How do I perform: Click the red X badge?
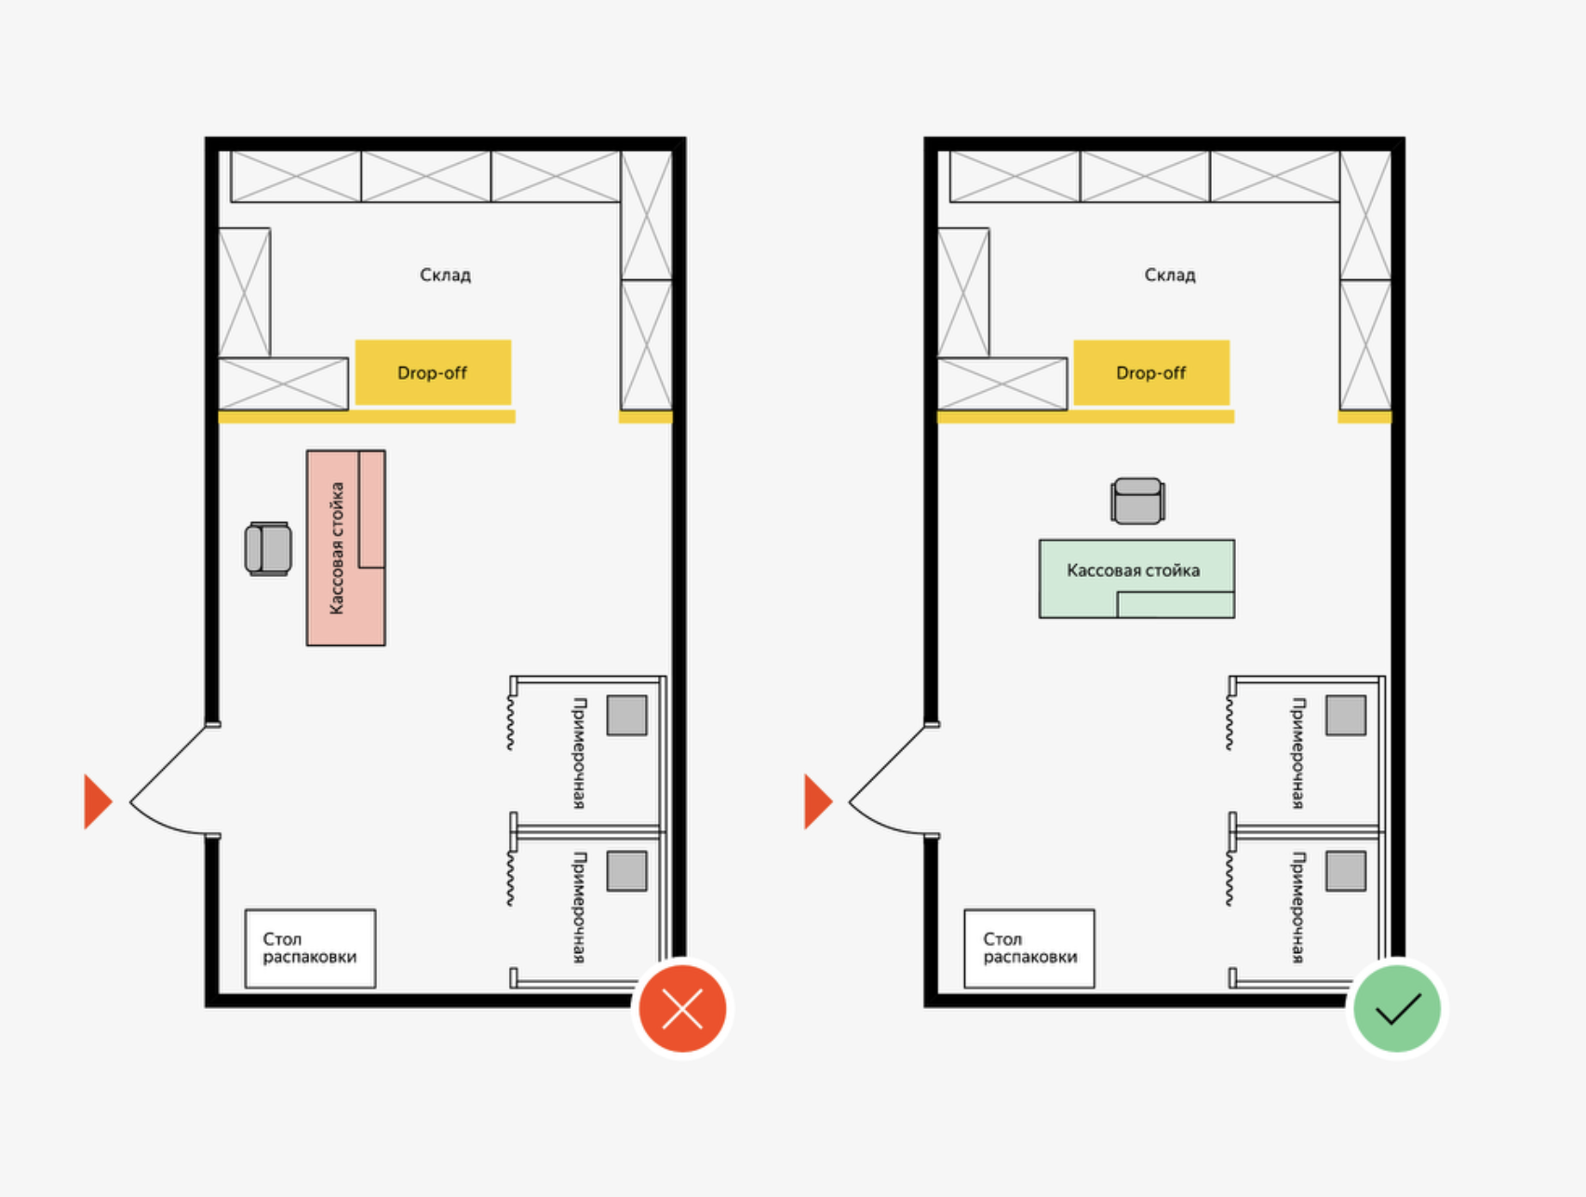682,1009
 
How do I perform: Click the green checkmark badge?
1397,1009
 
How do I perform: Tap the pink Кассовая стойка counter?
346,548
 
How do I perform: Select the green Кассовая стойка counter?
1136,579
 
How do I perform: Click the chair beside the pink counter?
268,549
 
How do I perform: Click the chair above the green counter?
1137,501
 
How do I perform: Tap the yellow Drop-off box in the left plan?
433,372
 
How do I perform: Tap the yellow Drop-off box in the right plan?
1151,372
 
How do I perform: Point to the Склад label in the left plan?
445,275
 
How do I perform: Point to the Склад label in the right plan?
1170,275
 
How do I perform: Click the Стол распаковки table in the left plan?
310,948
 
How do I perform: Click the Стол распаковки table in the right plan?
1029,948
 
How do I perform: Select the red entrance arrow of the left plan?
98,801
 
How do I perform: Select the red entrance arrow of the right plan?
817,801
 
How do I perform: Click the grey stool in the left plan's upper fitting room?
627,716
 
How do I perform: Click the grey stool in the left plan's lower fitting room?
627,871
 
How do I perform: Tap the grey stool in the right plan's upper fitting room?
1346,716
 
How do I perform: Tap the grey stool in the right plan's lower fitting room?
1346,871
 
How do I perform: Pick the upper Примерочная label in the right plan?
1298,753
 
